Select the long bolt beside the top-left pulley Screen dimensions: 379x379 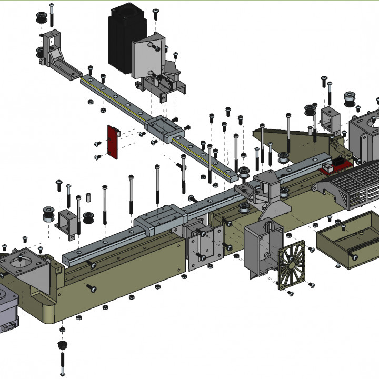52,16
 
